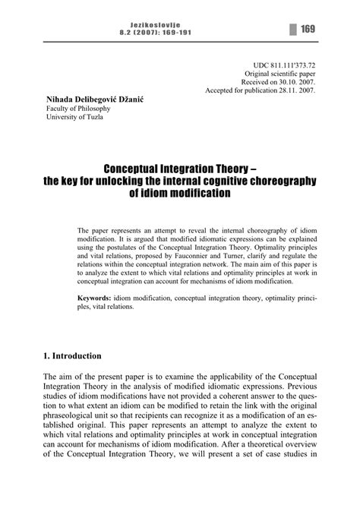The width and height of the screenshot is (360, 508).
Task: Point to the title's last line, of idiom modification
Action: (179, 192)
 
